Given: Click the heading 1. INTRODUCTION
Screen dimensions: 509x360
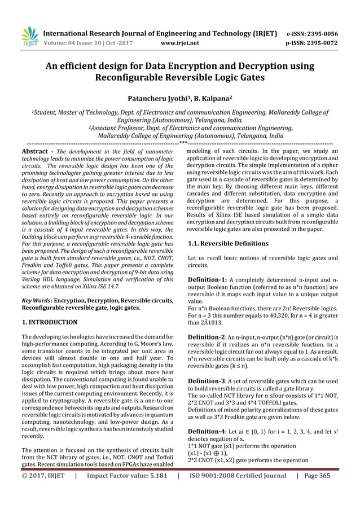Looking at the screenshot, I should (x=50, y=322).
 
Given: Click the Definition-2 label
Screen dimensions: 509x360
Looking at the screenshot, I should (x=207, y=336).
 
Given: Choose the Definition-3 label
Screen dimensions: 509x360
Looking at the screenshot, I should (x=207, y=381).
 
